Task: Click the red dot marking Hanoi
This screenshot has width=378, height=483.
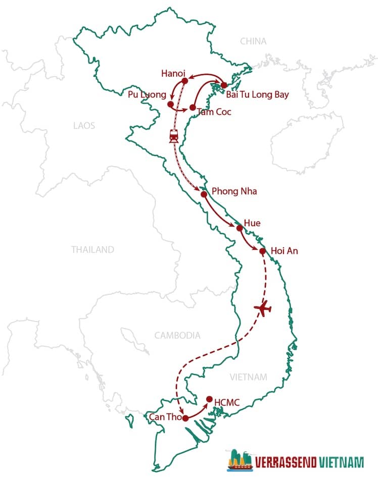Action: pos(184,80)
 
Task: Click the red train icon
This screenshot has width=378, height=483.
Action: pos(174,135)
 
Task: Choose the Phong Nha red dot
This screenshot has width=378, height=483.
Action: pos(204,194)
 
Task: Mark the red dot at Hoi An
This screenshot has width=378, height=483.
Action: pos(262,251)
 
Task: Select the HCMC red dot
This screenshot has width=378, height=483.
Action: pos(210,399)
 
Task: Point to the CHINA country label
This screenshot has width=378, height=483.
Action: pos(253,41)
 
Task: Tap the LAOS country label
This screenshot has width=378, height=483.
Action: pos(84,125)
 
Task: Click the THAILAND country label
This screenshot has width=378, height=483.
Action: pos(92,249)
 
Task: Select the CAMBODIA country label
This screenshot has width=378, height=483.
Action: pos(177,335)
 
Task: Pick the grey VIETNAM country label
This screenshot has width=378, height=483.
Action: pos(248,377)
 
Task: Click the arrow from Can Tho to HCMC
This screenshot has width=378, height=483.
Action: pos(198,410)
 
